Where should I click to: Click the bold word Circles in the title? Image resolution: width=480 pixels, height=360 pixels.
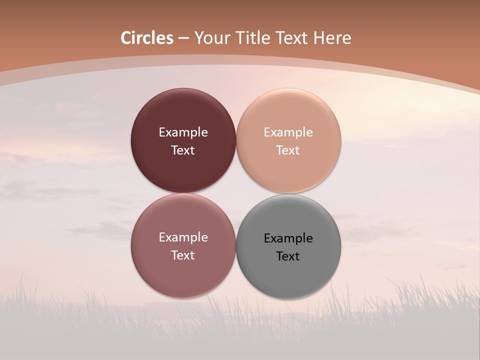(x=147, y=38)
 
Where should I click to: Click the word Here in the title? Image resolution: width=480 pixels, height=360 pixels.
(x=332, y=38)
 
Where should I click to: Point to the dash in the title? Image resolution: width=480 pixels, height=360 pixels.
(x=183, y=38)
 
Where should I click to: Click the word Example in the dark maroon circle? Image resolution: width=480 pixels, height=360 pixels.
(x=183, y=132)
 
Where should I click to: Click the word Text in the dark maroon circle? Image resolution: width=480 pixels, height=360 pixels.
(x=183, y=150)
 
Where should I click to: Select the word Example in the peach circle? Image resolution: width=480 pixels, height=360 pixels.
(x=288, y=132)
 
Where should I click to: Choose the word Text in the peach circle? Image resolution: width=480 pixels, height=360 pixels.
(x=288, y=150)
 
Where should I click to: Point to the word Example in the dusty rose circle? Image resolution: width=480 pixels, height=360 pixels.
(x=183, y=237)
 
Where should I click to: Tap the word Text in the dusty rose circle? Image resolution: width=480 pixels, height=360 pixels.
(x=183, y=255)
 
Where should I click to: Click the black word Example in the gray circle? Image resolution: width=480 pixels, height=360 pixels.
(x=288, y=238)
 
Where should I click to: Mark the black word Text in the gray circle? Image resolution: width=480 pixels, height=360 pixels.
(x=288, y=256)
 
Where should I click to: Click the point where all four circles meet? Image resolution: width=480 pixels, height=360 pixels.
(x=236, y=193)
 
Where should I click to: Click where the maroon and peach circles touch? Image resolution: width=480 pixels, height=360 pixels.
(x=236, y=140)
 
